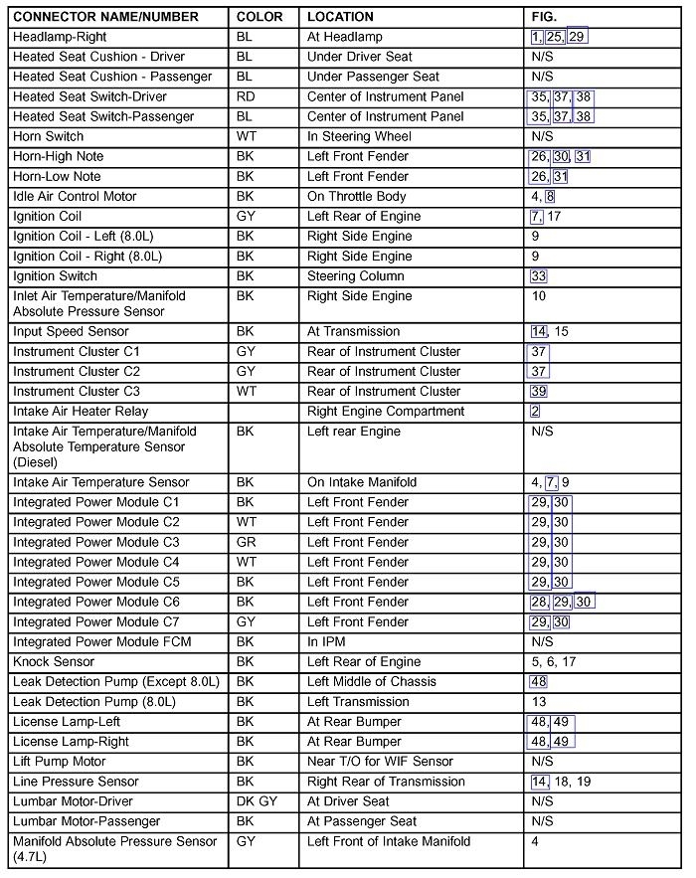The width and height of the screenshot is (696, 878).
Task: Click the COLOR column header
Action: [x=260, y=17]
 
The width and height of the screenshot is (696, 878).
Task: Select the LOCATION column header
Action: [x=340, y=17]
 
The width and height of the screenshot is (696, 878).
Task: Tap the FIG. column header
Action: [x=544, y=17]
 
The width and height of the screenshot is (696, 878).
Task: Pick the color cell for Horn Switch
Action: [x=246, y=136]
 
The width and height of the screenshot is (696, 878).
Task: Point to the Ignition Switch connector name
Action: [x=55, y=276]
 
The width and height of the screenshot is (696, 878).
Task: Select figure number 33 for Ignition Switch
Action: [x=539, y=276]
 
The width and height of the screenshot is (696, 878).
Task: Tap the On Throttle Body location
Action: [x=356, y=196]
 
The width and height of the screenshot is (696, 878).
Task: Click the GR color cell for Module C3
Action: [x=247, y=542]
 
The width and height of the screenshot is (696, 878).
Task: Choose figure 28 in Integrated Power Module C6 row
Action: [x=539, y=602]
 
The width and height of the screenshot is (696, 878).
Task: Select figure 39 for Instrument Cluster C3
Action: [x=539, y=392]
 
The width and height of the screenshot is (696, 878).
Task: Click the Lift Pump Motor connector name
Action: [x=59, y=761]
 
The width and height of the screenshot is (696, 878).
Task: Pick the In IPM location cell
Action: [x=328, y=641]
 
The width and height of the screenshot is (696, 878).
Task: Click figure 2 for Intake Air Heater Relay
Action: [x=535, y=411]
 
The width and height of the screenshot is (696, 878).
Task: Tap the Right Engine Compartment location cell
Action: [x=386, y=411]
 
